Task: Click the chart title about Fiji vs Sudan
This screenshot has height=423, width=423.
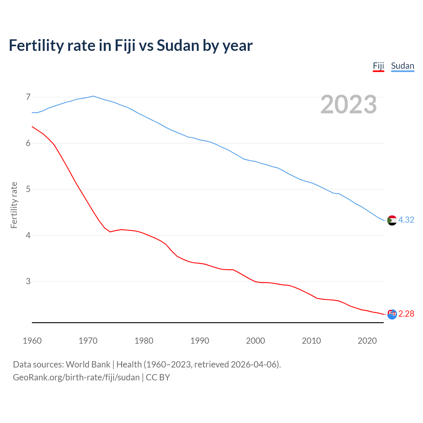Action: pos(131,46)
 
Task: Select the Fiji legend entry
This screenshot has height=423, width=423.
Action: pos(378,66)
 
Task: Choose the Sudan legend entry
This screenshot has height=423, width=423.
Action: pos(402,66)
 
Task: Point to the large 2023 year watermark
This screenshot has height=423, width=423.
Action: pos(348,104)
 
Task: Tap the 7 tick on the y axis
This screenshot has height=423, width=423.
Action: pos(28,97)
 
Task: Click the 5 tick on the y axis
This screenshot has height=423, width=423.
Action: pos(28,189)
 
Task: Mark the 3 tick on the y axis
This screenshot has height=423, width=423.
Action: pos(28,282)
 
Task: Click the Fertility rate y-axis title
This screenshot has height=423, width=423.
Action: pos(14,205)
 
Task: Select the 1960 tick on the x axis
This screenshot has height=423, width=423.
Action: pos(32,341)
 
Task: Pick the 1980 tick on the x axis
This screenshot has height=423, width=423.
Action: pos(144,341)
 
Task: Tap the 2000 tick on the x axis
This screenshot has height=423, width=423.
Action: pos(255,341)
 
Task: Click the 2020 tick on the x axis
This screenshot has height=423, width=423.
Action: pos(367,341)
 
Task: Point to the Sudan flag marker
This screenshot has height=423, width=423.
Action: pos(392,220)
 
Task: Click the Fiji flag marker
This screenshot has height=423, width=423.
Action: pos(392,314)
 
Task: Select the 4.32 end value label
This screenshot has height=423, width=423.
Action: pos(406,220)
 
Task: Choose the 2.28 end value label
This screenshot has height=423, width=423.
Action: pos(406,314)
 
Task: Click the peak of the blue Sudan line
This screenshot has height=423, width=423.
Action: pos(93,96)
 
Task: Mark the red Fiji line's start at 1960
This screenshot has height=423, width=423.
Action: pos(32,127)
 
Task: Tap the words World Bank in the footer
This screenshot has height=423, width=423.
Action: pos(88,365)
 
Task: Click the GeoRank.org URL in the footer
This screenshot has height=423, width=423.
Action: pos(76,377)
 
